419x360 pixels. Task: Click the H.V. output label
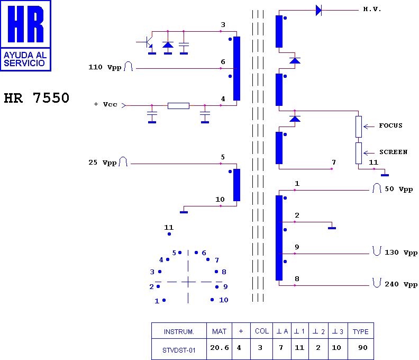372,10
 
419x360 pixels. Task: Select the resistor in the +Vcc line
178,106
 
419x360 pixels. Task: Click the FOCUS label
390,125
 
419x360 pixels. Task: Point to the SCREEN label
394,152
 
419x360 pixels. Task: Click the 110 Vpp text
105,67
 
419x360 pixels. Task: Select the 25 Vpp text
102,163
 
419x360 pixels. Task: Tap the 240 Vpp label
401,284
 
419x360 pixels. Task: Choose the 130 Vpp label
401,253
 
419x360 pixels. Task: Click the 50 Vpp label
399,189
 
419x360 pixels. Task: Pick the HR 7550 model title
37,98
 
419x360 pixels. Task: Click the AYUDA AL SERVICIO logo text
25,59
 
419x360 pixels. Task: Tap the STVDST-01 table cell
179,349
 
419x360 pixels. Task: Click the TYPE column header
361,331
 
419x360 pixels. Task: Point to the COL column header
261,331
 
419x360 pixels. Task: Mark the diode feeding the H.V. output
318,11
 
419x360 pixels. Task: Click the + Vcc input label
106,104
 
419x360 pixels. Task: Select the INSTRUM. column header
179,331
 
